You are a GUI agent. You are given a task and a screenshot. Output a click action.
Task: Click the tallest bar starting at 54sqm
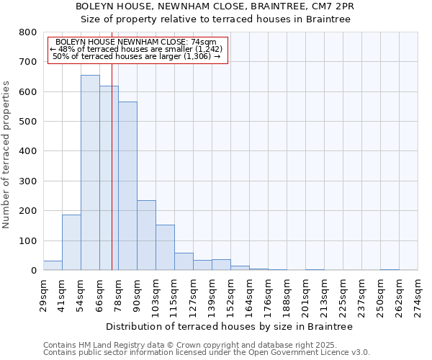[x=90, y=173]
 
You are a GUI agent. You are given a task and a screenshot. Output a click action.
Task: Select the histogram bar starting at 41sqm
[x=71, y=242]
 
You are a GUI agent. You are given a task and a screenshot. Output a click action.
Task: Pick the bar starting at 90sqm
[x=146, y=235]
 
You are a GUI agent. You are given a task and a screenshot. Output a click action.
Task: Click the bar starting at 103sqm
[x=165, y=247]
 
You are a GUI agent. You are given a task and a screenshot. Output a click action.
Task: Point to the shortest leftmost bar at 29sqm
[x=53, y=265]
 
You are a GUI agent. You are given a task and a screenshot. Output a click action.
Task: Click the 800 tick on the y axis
[x=28, y=32]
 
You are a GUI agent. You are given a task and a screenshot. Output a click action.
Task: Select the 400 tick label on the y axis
[x=28, y=151]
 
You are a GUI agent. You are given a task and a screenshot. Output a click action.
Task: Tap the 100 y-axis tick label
[x=28, y=240]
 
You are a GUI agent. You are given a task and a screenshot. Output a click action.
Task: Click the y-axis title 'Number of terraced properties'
[x=7, y=154]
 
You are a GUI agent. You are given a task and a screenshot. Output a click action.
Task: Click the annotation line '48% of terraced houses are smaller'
[x=137, y=49]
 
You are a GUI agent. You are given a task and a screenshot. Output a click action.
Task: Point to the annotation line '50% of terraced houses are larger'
[x=137, y=56]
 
